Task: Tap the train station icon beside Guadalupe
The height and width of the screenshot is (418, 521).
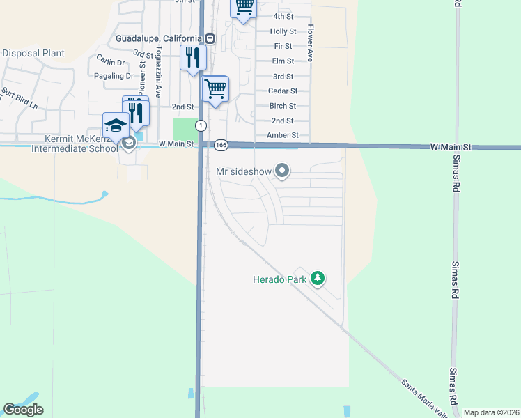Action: coord(209,38)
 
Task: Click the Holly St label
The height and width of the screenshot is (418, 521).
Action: coord(283,31)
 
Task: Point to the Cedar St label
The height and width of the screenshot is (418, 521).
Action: coord(283,91)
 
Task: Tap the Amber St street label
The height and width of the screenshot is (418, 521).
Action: coord(283,135)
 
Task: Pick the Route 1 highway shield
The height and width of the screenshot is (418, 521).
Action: coord(201,125)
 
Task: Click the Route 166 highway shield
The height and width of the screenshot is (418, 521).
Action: coord(221,145)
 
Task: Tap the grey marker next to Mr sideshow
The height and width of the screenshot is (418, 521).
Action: coord(282,171)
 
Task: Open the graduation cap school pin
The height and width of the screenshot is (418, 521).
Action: coord(116,125)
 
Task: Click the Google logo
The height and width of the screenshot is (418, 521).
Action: coord(23,410)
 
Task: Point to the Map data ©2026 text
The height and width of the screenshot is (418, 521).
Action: coord(490,412)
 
